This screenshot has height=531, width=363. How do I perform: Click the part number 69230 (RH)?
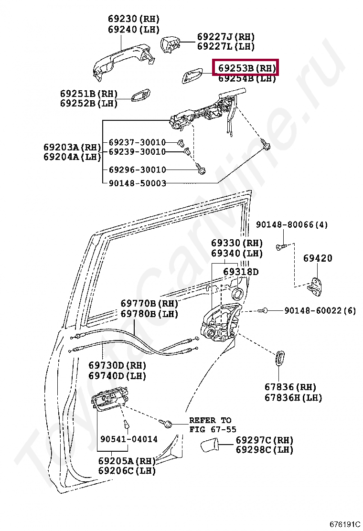click(x=133, y=19)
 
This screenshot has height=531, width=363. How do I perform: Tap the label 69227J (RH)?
click(x=226, y=37)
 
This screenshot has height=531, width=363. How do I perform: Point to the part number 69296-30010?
click(x=137, y=170)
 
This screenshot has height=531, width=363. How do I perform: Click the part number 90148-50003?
click(x=137, y=183)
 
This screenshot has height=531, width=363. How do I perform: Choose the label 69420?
click(x=318, y=258)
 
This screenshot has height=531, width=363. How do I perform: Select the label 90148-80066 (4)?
click(x=292, y=224)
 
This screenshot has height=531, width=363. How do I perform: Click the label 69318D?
click(x=241, y=272)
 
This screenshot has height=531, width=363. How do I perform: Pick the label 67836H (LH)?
click(x=293, y=397)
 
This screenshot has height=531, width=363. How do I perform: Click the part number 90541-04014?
click(x=128, y=439)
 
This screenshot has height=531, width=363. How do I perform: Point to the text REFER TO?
click(x=210, y=420)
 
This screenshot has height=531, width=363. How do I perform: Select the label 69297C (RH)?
click(x=264, y=440)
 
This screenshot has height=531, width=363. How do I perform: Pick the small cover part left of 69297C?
click(x=209, y=447)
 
